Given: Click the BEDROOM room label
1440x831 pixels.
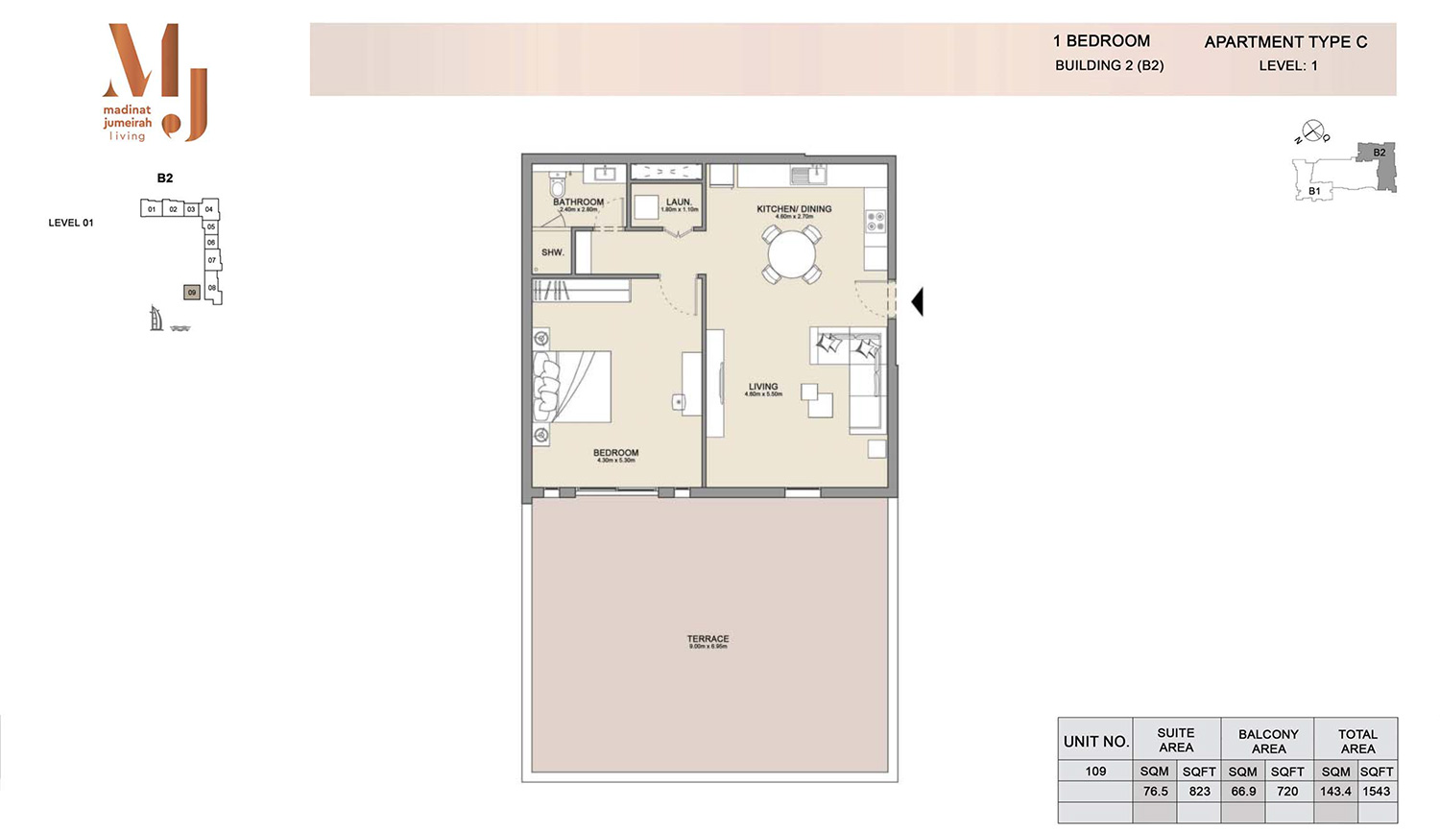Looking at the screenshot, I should [615, 453].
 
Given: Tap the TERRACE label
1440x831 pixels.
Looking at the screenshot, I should [708, 639].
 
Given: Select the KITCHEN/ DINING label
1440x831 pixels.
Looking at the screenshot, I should [794, 209].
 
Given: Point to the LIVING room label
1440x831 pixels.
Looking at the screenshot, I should [763, 388].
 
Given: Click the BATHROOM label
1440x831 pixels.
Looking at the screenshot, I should [578, 202].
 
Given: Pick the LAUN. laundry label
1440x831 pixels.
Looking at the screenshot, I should [679, 202].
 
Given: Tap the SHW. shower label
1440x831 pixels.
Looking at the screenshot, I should [552, 252].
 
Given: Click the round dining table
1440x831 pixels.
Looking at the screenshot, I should [792, 255].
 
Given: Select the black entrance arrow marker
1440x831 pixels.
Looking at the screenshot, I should [918, 301].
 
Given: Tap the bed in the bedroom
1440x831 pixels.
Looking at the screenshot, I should [573, 387].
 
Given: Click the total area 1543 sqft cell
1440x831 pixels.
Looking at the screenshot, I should [1376, 792].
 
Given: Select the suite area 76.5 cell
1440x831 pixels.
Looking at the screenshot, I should [1155, 792].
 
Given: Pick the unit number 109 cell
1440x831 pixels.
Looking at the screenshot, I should [1095, 772].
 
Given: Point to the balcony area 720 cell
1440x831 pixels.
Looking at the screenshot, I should [1287, 792].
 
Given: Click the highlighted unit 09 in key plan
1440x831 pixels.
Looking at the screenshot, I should [192, 292].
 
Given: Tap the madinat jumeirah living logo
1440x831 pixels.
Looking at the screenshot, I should [154, 83].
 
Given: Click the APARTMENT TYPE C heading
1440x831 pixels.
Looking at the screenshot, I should [1285, 42].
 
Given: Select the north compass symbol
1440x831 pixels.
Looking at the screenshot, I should [1312, 131].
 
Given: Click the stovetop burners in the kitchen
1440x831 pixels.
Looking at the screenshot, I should [876, 222].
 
